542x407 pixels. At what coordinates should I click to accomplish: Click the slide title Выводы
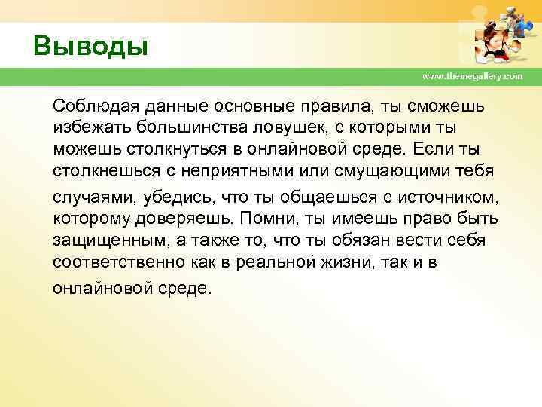[x=90, y=44]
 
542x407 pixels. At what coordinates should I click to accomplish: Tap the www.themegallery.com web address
[x=472, y=77]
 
